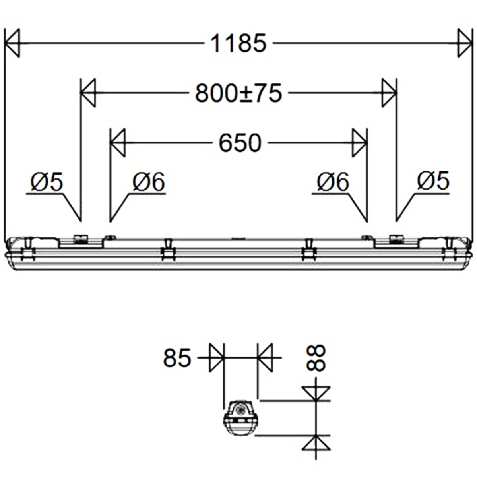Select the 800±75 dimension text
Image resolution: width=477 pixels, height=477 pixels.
point(238,93)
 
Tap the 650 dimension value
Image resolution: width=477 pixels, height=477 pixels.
point(240,143)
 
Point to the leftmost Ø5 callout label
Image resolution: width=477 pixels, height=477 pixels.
point(47,182)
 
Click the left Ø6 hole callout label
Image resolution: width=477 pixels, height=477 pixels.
point(148,182)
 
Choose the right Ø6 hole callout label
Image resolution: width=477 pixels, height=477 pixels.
point(333,182)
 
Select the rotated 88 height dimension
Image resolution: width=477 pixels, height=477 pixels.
point(317,358)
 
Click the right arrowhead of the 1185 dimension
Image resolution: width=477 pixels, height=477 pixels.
point(464,43)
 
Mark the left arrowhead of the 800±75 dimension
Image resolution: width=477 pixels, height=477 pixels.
point(88,93)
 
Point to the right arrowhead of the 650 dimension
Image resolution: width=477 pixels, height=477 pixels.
point(359,143)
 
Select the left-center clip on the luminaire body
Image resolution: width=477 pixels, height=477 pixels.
point(168,250)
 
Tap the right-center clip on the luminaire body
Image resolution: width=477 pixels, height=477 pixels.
point(308,250)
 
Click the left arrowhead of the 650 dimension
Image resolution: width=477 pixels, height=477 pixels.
point(118,143)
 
